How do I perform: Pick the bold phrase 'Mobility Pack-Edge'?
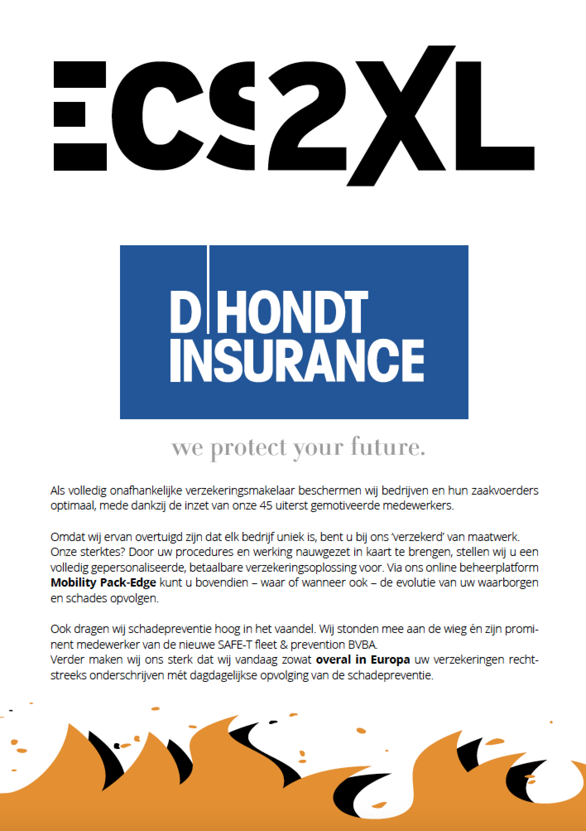103,582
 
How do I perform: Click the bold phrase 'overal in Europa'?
363,659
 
